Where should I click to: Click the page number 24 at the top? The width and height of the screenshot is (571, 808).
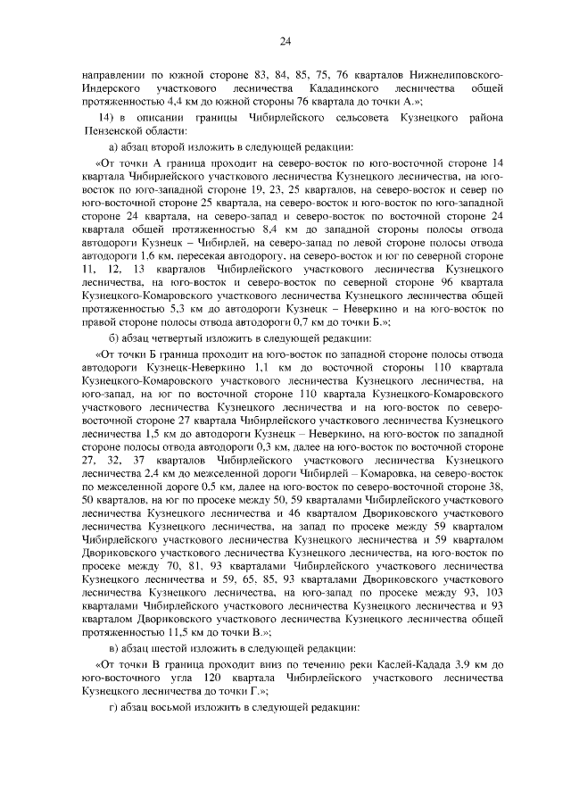(285, 40)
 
